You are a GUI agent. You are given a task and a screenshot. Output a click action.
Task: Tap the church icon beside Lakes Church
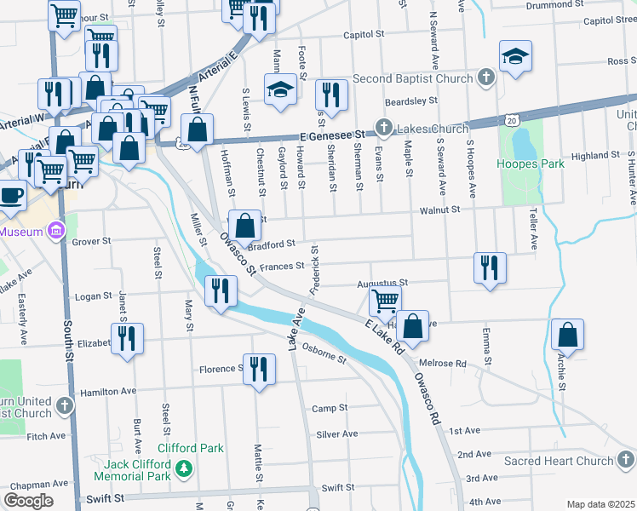tap(384, 129)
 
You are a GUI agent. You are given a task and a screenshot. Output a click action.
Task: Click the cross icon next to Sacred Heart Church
tap(626, 461)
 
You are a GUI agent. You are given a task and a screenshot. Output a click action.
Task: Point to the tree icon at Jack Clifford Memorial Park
tap(182, 468)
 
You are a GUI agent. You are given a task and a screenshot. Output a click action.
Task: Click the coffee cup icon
tap(11, 193)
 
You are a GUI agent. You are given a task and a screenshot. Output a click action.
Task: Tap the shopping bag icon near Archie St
tap(568, 335)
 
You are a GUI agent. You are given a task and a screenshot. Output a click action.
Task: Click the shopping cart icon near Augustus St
tap(385, 299)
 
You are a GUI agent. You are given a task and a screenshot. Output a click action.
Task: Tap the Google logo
tap(28, 500)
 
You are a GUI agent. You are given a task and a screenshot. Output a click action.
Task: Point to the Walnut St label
tap(439, 209)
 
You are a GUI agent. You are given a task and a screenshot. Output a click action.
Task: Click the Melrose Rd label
tap(449, 363)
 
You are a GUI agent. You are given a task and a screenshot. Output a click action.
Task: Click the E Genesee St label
tap(331, 135)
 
